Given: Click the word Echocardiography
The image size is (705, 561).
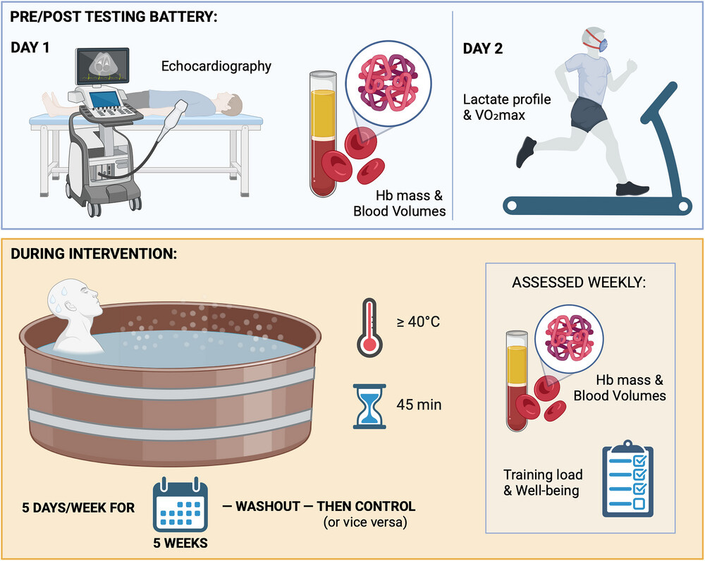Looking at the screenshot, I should click(x=216, y=67).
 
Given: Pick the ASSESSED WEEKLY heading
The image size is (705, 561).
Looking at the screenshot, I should click(x=579, y=283).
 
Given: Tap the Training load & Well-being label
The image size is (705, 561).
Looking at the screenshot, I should click(x=541, y=482).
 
